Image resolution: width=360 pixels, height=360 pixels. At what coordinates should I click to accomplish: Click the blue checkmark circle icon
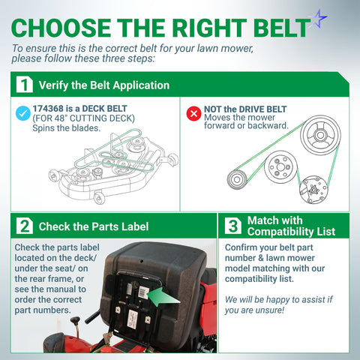[23, 113]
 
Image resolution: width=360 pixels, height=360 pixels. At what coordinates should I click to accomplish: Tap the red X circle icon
[193, 113]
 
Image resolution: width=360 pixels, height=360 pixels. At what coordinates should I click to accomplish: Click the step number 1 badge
[25, 85]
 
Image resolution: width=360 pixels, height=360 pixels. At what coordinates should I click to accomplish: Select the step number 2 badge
[25, 226]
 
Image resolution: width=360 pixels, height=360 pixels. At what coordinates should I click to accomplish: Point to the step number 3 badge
[233, 226]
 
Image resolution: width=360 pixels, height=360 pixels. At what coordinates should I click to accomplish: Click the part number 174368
[48, 109]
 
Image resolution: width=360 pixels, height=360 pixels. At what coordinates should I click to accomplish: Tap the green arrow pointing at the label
[163, 297]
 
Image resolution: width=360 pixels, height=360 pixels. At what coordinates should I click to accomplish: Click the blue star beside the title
[319, 18]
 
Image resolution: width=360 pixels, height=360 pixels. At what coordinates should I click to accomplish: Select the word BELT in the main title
[283, 28]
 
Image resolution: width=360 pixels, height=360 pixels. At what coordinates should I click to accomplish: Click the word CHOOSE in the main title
[61, 28]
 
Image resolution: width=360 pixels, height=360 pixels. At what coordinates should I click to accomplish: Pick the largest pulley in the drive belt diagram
[320, 135]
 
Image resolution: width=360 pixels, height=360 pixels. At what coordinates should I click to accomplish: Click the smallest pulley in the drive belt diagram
[237, 179]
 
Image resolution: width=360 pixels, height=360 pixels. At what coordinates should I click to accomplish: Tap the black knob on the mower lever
[75, 320]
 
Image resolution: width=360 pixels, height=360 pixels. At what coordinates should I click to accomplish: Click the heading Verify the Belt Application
[104, 85]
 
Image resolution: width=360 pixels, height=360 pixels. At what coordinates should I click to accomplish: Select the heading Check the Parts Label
[94, 226]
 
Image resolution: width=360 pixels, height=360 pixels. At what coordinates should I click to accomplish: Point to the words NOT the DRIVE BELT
[245, 109]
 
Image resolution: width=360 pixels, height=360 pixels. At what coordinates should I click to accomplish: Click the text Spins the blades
[67, 128]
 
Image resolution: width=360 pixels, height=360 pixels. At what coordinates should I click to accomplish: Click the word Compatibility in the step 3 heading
[280, 232]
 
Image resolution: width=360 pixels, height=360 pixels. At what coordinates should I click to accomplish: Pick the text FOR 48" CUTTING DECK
[84, 118]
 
